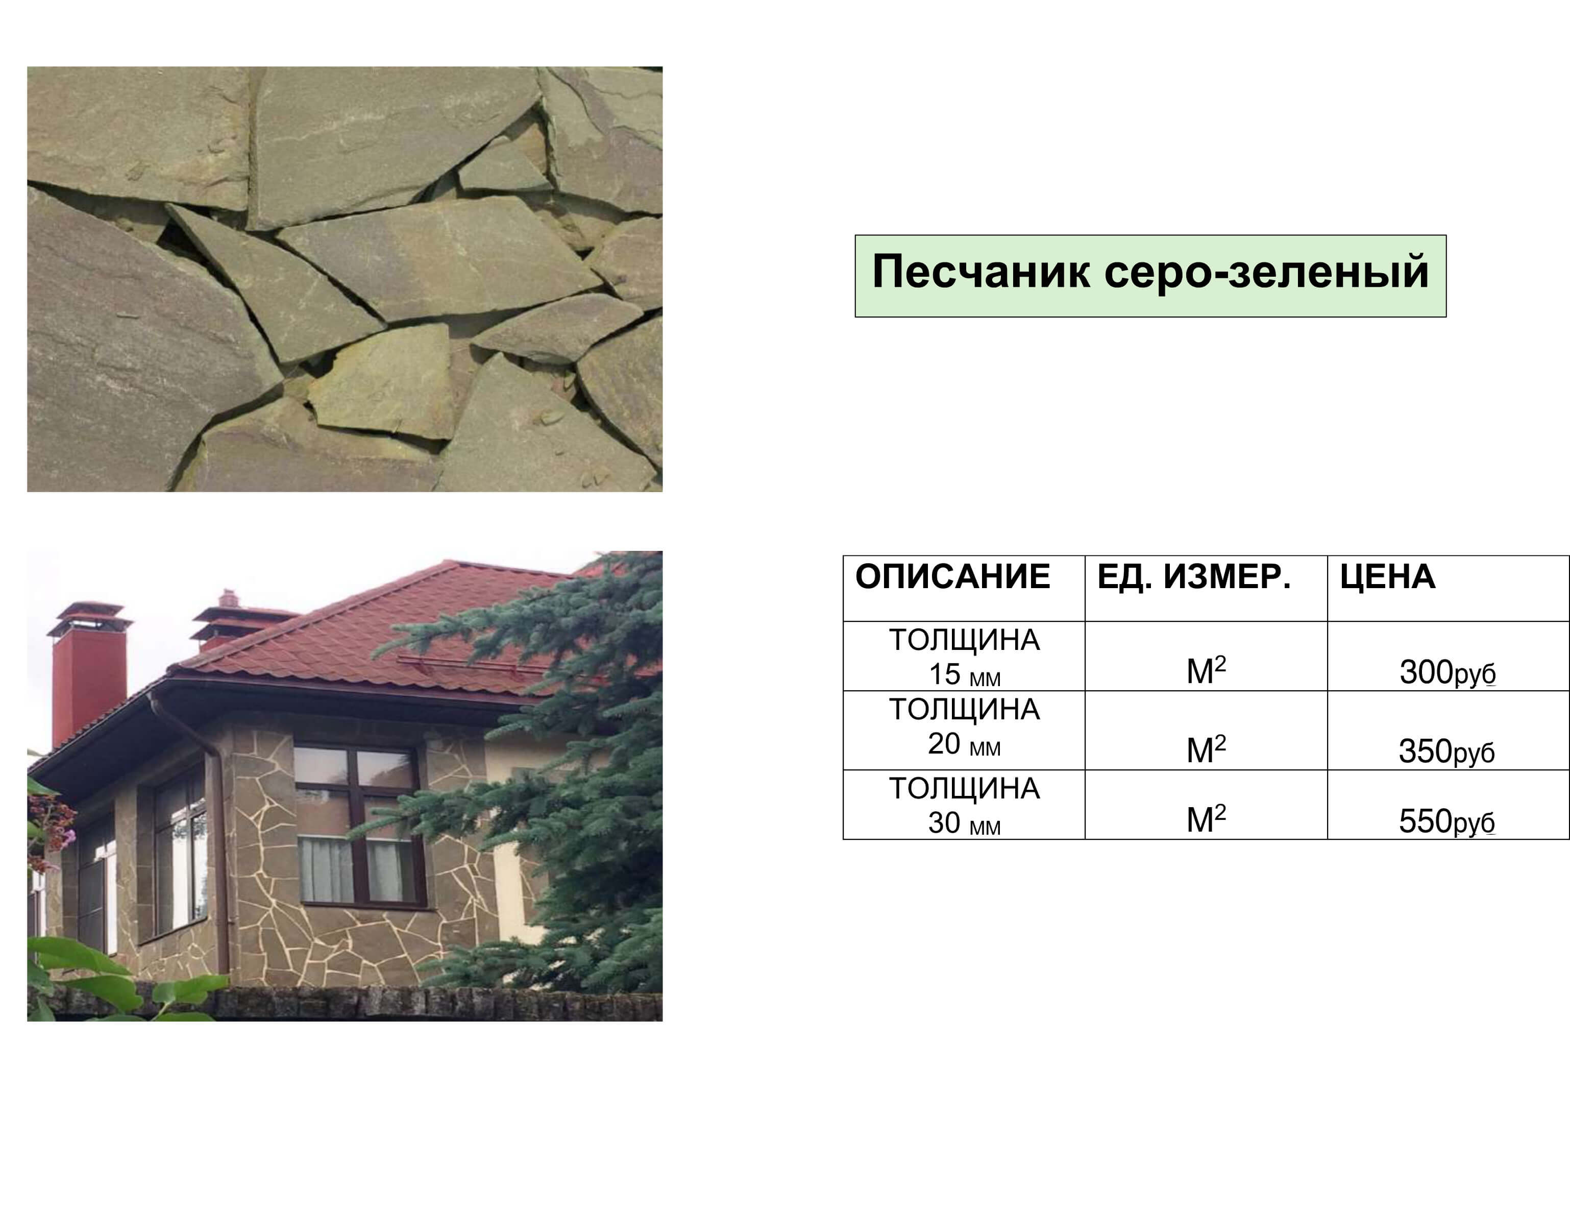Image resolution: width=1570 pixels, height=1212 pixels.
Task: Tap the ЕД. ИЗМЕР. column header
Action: pyautogui.click(x=1194, y=577)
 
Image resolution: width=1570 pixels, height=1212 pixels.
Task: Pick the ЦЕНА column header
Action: pyautogui.click(x=1387, y=577)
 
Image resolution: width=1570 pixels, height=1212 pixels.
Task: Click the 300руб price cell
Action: pyautogui.click(x=1448, y=673)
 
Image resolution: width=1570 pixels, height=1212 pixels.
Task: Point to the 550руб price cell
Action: pyautogui.click(x=1447, y=821)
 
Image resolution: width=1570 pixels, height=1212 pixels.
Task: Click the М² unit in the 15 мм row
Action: pyautogui.click(x=1206, y=670)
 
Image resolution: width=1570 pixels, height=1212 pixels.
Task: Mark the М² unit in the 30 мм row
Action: pyautogui.click(x=1206, y=818)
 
